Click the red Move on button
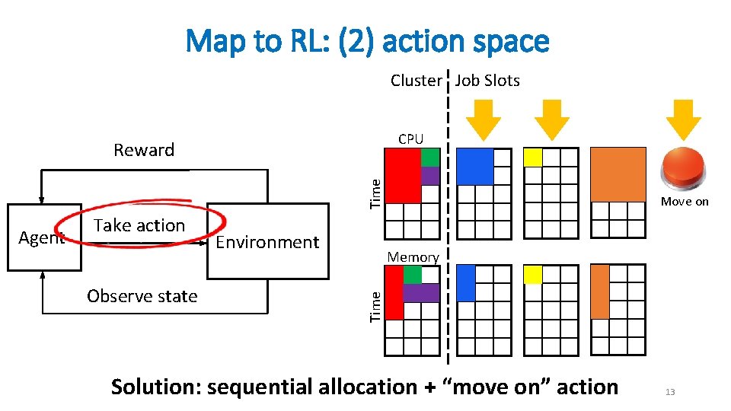pos(684,169)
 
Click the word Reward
pos(144,150)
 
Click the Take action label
pos(139,225)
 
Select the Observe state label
pos(142,296)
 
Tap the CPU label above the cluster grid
pos(410,139)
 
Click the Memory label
pos(413,257)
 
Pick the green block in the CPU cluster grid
pos(430,157)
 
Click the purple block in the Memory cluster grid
pos(421,292)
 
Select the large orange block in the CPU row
pos(618,174)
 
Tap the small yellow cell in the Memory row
pos(533,274)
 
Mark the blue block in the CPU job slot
pos(475,166)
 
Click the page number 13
pos(670,392)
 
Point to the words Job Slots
pos(487,81)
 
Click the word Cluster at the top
pos(416,81)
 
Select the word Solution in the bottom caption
pos(155,387)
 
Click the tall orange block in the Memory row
pos(600,292)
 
